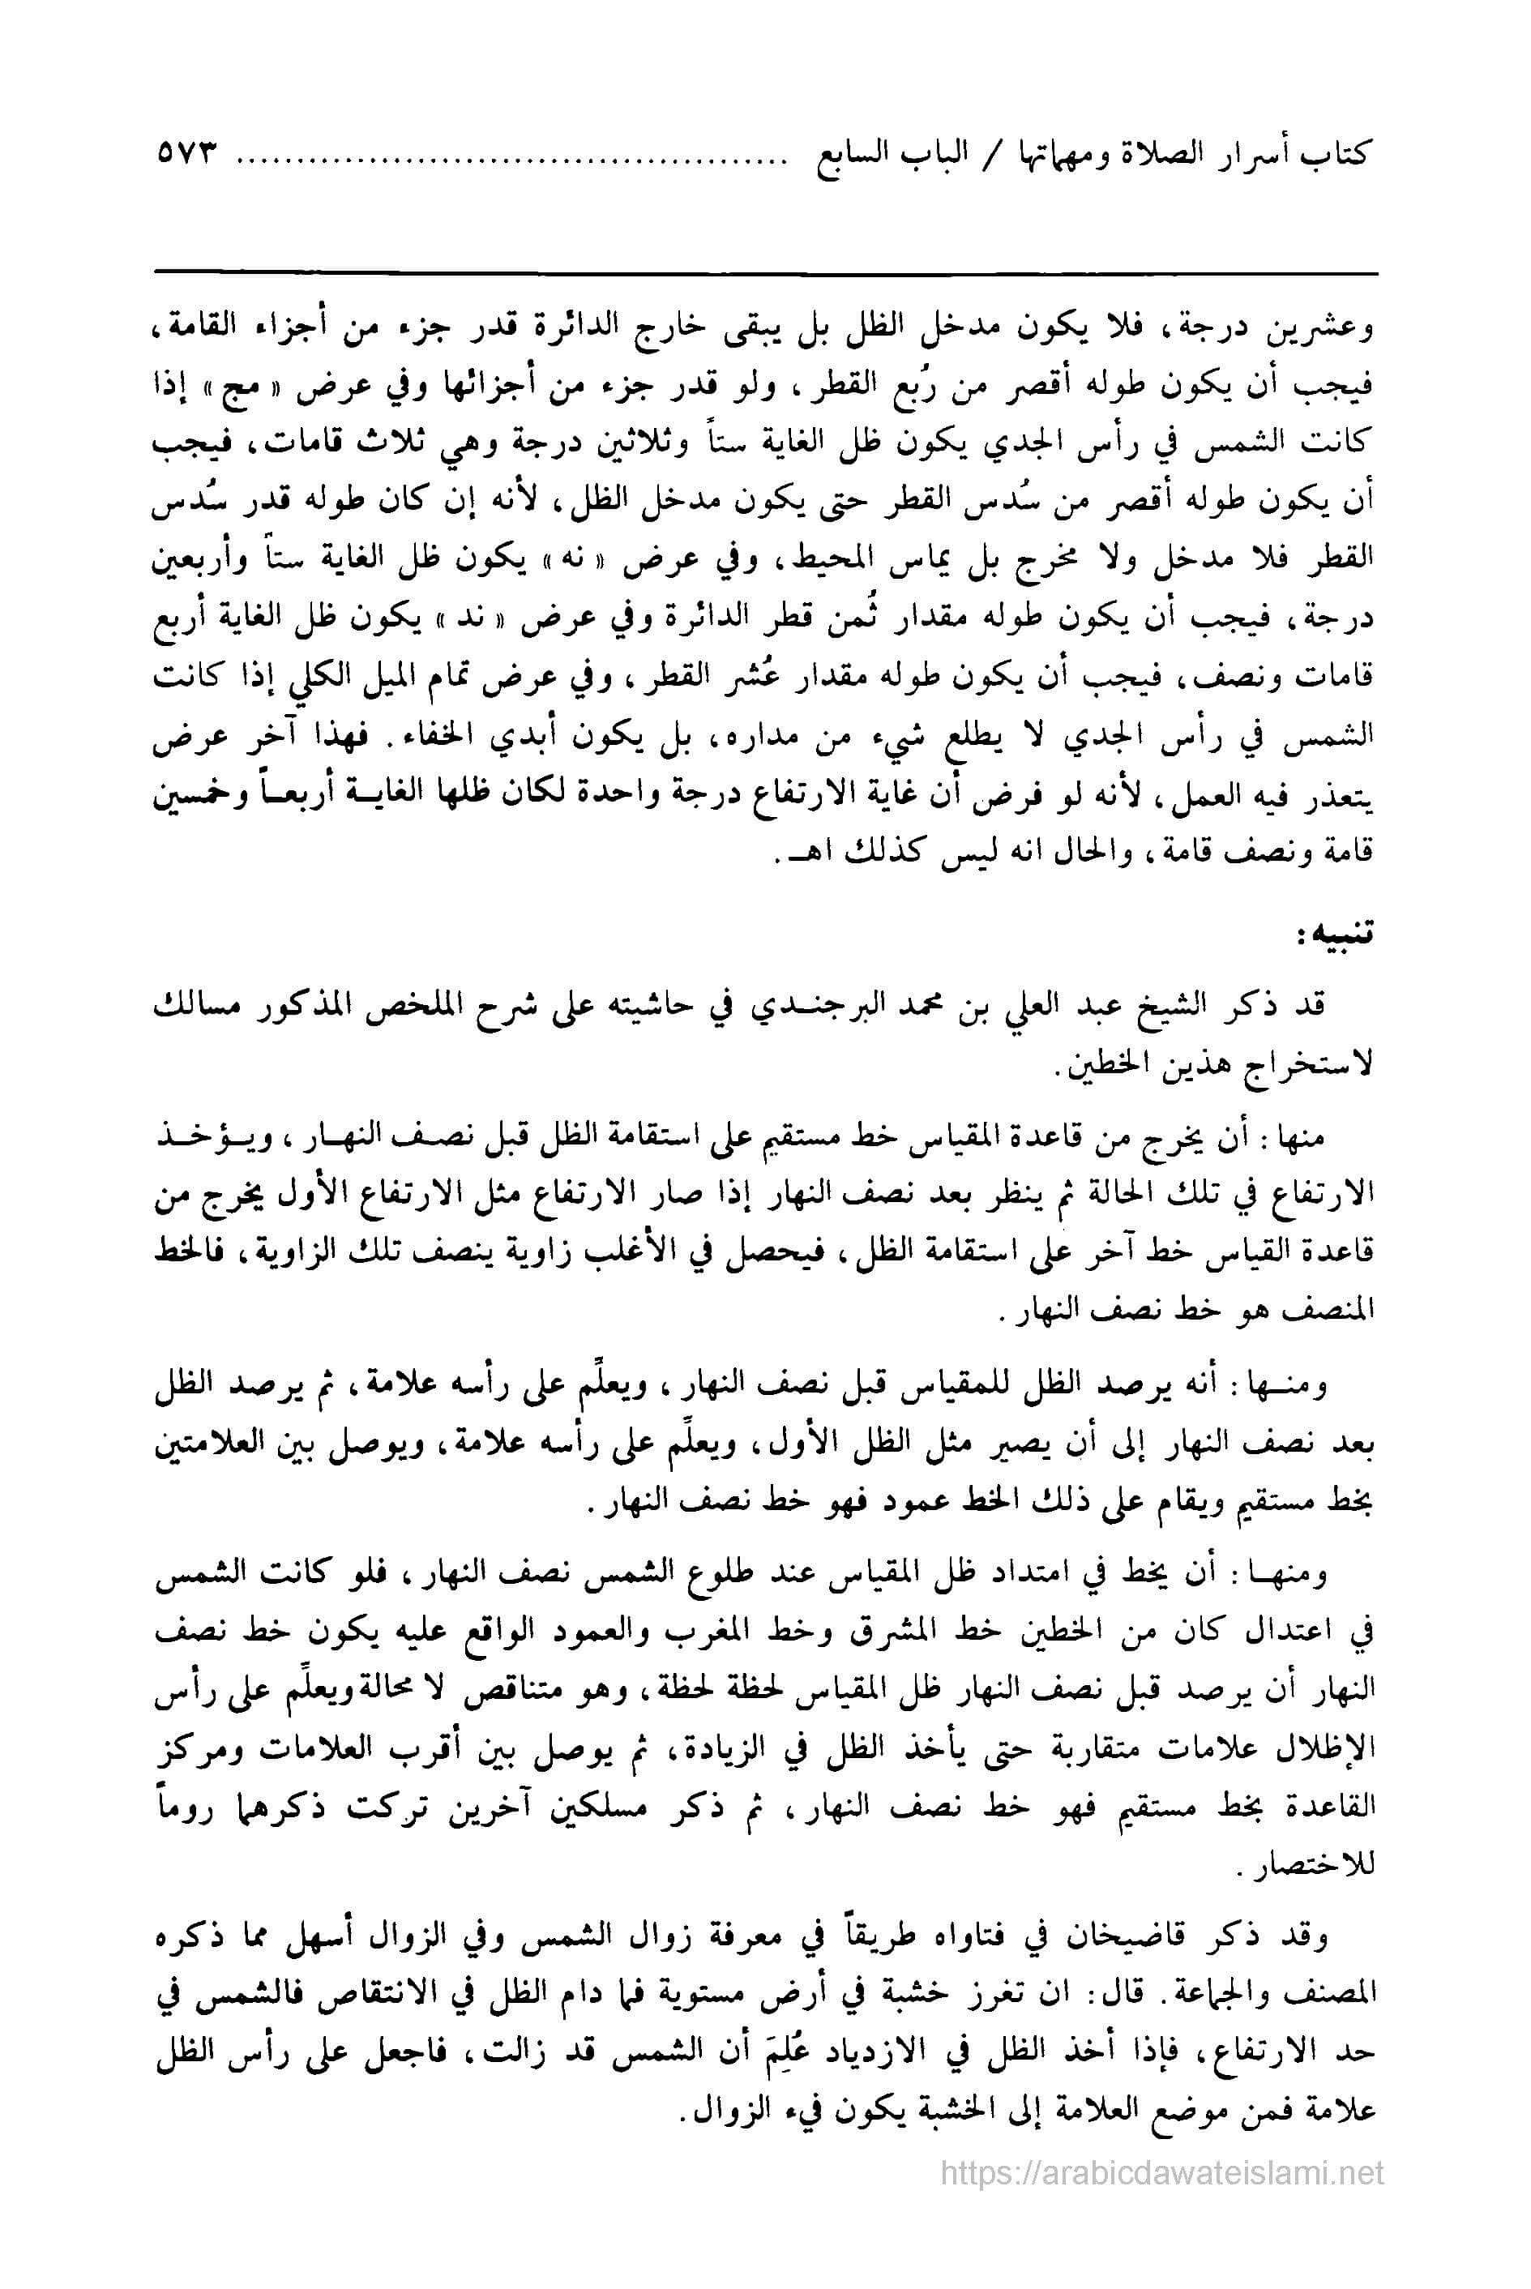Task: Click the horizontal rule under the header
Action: [x=765, y=272]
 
